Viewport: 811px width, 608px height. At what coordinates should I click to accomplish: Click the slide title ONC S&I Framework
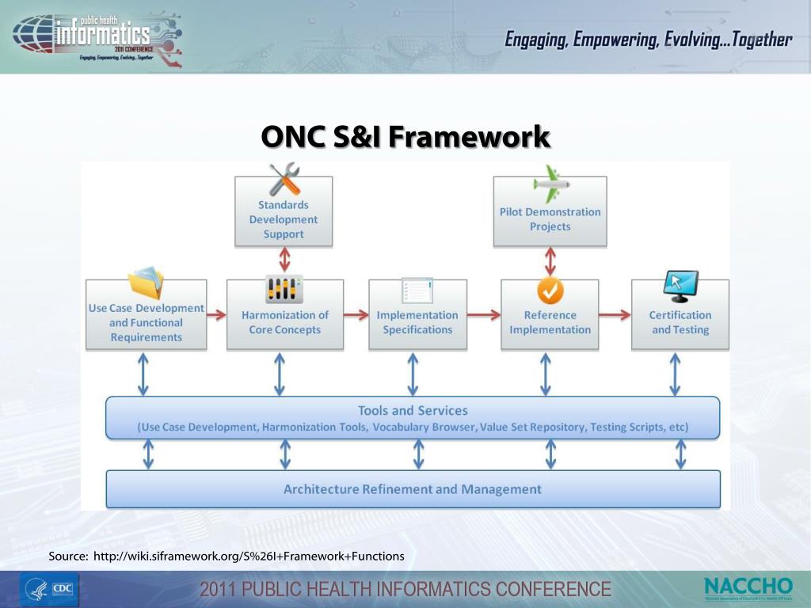[x=405, y=137]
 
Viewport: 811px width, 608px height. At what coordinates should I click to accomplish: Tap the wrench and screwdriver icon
[x=284, y=180]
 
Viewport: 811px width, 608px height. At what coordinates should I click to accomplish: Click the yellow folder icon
[x=146, y=284]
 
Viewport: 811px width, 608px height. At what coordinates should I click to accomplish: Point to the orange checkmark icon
[x=550, y=291]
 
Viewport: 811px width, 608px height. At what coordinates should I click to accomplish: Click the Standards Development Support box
[x=284, y=219]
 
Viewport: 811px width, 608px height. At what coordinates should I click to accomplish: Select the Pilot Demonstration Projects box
[x=550, y=219]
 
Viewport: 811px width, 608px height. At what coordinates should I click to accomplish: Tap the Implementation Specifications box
[x=417, y=321]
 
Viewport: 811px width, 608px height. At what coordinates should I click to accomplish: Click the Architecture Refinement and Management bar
[x=413, y=489]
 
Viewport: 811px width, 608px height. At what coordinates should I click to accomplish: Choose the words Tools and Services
[x=413, y=411]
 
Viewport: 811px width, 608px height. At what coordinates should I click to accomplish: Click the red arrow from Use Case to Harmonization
[x=216, y=315]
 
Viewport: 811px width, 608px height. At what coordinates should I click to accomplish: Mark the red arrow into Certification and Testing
[x=615, y=315]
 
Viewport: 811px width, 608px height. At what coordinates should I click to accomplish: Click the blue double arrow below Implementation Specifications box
[x=413, y=374]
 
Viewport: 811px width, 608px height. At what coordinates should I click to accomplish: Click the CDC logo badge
[x=61, y=589]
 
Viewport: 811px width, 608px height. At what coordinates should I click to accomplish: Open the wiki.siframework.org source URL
[x=249, y=557]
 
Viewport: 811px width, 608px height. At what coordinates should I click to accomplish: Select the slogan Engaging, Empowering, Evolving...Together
[x=648, y=40]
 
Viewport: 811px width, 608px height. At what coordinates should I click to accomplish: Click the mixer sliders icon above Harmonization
[x=284, y=289]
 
